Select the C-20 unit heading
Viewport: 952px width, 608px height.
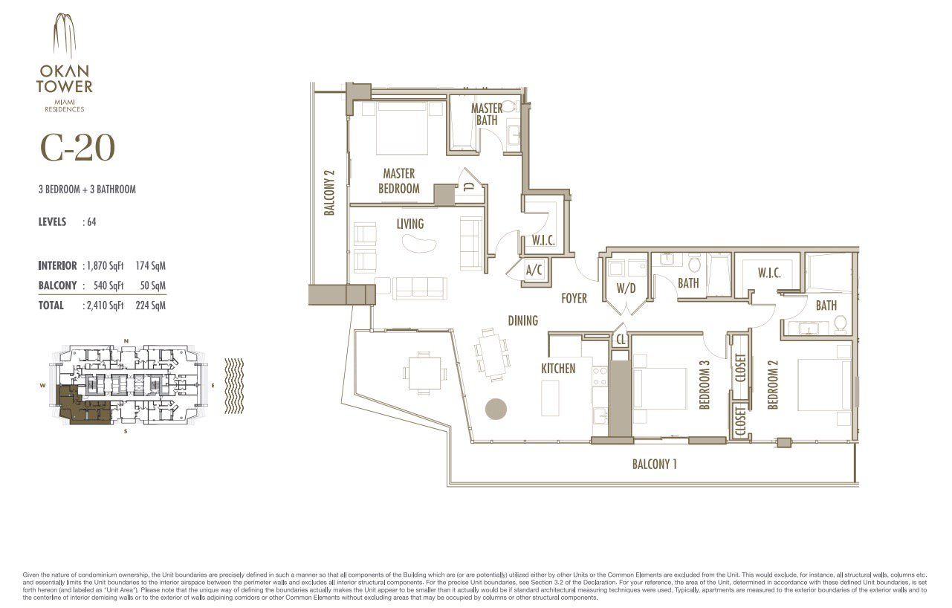click(77, 149)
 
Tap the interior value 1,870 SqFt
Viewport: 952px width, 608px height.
click(105, 265)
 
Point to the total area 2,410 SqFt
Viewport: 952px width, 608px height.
click(105, 305)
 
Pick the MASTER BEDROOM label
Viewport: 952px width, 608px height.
click(399, 181)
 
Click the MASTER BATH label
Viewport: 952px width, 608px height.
click(487, 114)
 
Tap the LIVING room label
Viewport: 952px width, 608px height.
click(409, 224)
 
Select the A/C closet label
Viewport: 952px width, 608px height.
click(534, 271)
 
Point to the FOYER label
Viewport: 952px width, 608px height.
click(574, 298)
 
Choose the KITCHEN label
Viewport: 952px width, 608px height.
click(558, 368)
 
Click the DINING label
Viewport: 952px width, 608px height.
click(522, 320)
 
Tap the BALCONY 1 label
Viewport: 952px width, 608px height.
click(654, 465)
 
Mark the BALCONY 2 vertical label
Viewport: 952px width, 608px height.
click(330, 193)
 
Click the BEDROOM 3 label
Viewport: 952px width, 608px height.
click(705, 385)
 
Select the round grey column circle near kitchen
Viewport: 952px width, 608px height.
click(496, 409)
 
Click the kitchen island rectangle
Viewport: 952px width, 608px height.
click(550, 398)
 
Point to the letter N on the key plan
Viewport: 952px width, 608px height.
click(126, 341)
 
